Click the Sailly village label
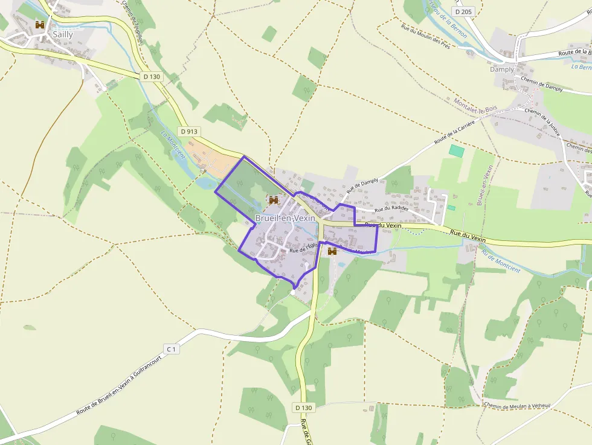pyautogui.click(x=62, y=34)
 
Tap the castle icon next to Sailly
pyautogui.click(x=40, y=25)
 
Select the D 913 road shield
pyautogui.click(x=188, y=131)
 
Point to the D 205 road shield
pyautogui.click(x=463, y=11)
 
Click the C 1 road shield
pyautogui.click(x=172, y=349)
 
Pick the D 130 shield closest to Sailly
pyautogui.click(x=152, y=77)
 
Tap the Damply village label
pyautogui.click(x=502, y=69)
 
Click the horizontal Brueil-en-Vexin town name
pyautogui.click(x=285, y=218)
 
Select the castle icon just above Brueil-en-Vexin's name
pyautogui.click(x=273, y=199)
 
